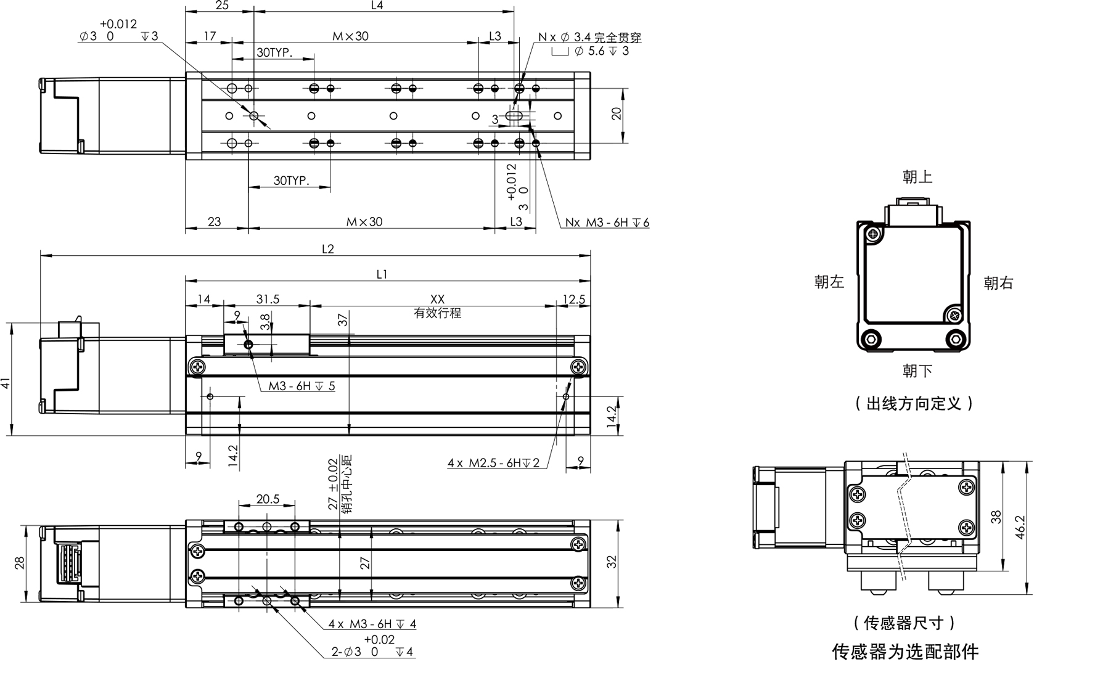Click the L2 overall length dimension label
pyautogui.click(x=327, y=249)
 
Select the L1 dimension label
pyautogui.click(x=382, y=274)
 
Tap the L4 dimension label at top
pyautogui.click(x=377, y=6)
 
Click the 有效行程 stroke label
pyautogui.click(x=437, y=313)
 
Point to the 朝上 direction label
pyautogui.click(x=917, y=177)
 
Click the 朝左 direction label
pyautogui.click(x=829, y=282)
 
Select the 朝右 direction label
pyautogui.click(x=999, y=283)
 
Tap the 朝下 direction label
pyautogui.click(x=917, y=371)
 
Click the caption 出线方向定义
pyautogui.click(x=914, y=404)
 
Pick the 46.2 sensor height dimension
pyautogui.click(x=1020, y=527)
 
